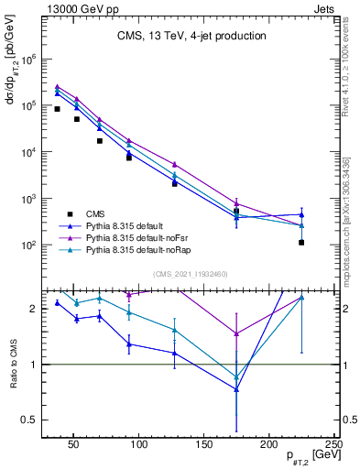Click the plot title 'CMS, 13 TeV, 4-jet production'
coord(191,37)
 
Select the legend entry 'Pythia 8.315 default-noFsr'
coord(141,236)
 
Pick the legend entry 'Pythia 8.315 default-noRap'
coord(142,248)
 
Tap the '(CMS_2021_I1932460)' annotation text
coord(191,274)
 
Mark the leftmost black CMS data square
coord(57,109)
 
